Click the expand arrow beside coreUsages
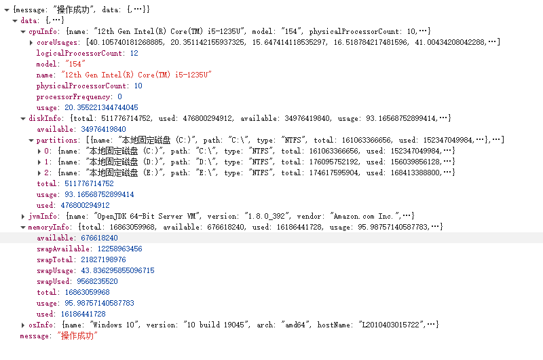[x=31, y=43]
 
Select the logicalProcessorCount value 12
[x=134, y=53]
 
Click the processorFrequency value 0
[x=119, y=97]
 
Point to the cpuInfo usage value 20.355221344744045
[x=101, y=108]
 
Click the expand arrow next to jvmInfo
[x=23, y=217]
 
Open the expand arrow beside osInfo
[x=23, y=325]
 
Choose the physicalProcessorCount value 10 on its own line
[x=138, y=86]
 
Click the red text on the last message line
[x=78, y=336]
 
